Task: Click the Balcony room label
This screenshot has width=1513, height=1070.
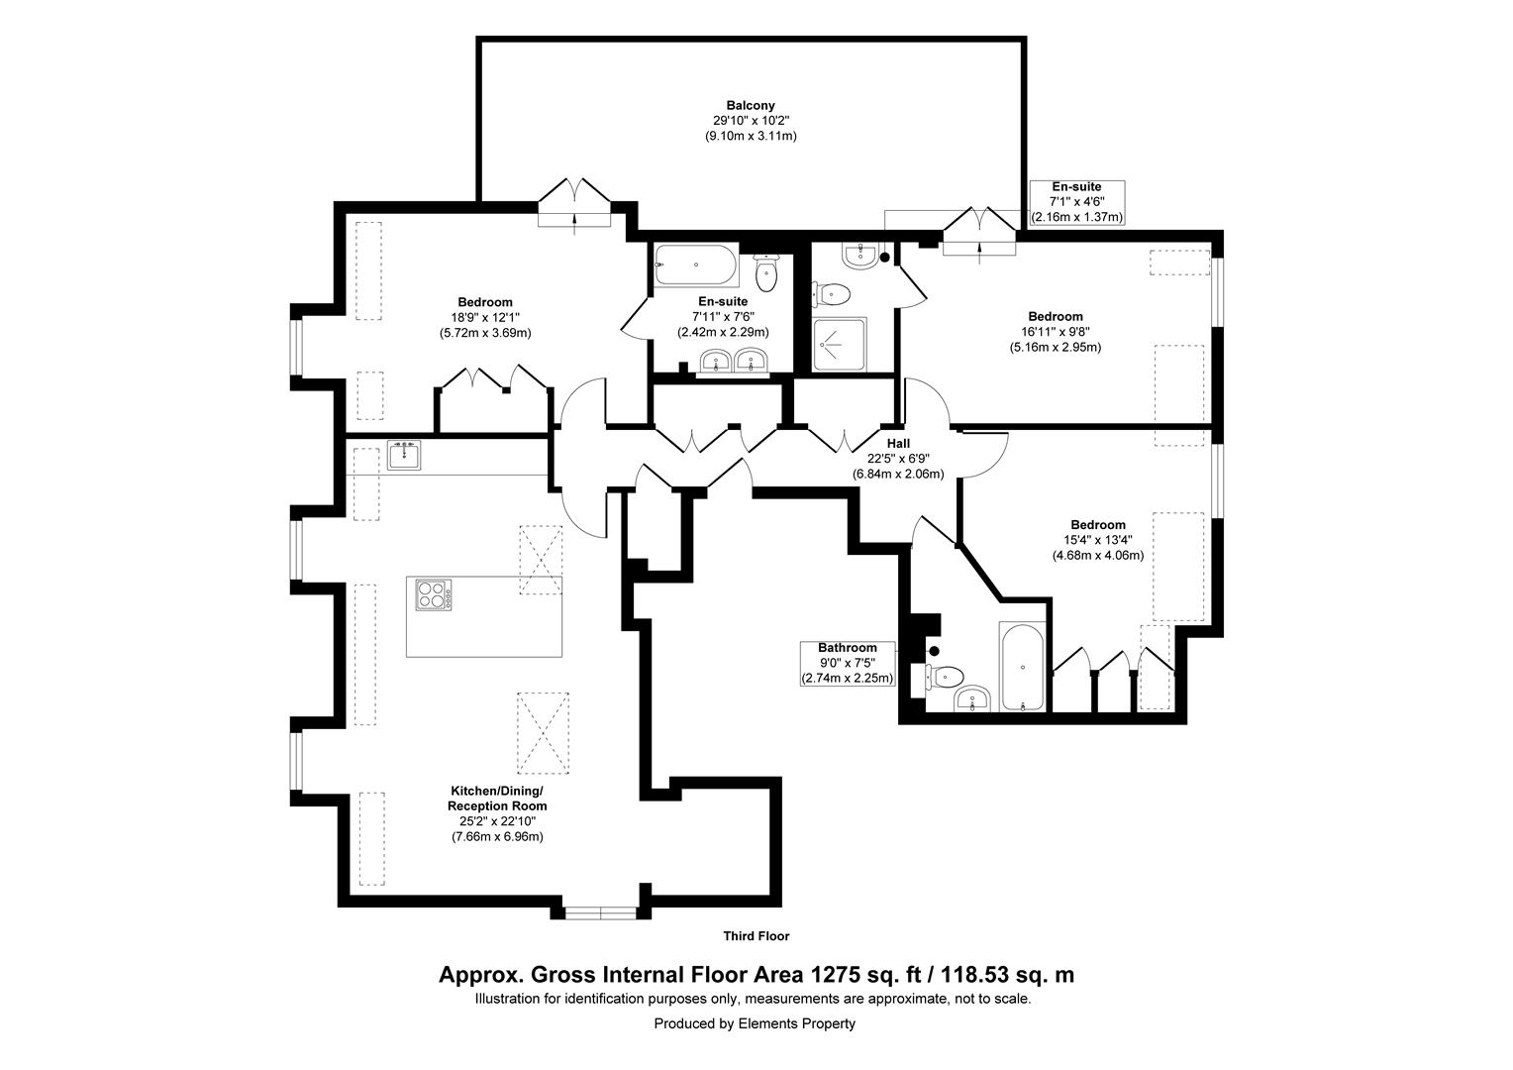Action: click(750, 105)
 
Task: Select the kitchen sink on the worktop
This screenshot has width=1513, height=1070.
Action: click(404, 455)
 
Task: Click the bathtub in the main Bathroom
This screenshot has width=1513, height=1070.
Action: click(1021, 667)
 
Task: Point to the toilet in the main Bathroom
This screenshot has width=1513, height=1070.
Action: click(945, 677)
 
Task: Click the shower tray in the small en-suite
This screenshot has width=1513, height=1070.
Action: click(839, 345)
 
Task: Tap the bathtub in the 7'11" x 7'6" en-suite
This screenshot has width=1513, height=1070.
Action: click(695, 266)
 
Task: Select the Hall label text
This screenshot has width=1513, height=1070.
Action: click(898, 444)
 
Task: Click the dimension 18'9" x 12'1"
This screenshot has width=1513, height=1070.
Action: click(484, 317)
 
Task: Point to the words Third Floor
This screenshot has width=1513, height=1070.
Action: click(756, 936)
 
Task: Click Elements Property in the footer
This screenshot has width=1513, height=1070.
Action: click(796, 1023)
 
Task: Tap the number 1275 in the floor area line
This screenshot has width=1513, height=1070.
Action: click(839, 975)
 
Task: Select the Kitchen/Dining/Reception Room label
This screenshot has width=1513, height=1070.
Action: click(497, 799)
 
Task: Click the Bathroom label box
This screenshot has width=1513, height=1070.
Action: click(848, 663)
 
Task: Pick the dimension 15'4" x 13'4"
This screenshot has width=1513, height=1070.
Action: click(1097, 540)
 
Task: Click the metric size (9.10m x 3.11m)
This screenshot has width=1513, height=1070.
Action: click(750, 136)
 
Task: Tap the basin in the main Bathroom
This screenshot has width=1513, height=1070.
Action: click(971, 700)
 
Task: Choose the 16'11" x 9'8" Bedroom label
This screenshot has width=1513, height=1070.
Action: click(1055, 317)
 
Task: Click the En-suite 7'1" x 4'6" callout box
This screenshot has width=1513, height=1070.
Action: click(1076, 202)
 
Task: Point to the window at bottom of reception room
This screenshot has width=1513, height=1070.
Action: click(601, 912)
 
